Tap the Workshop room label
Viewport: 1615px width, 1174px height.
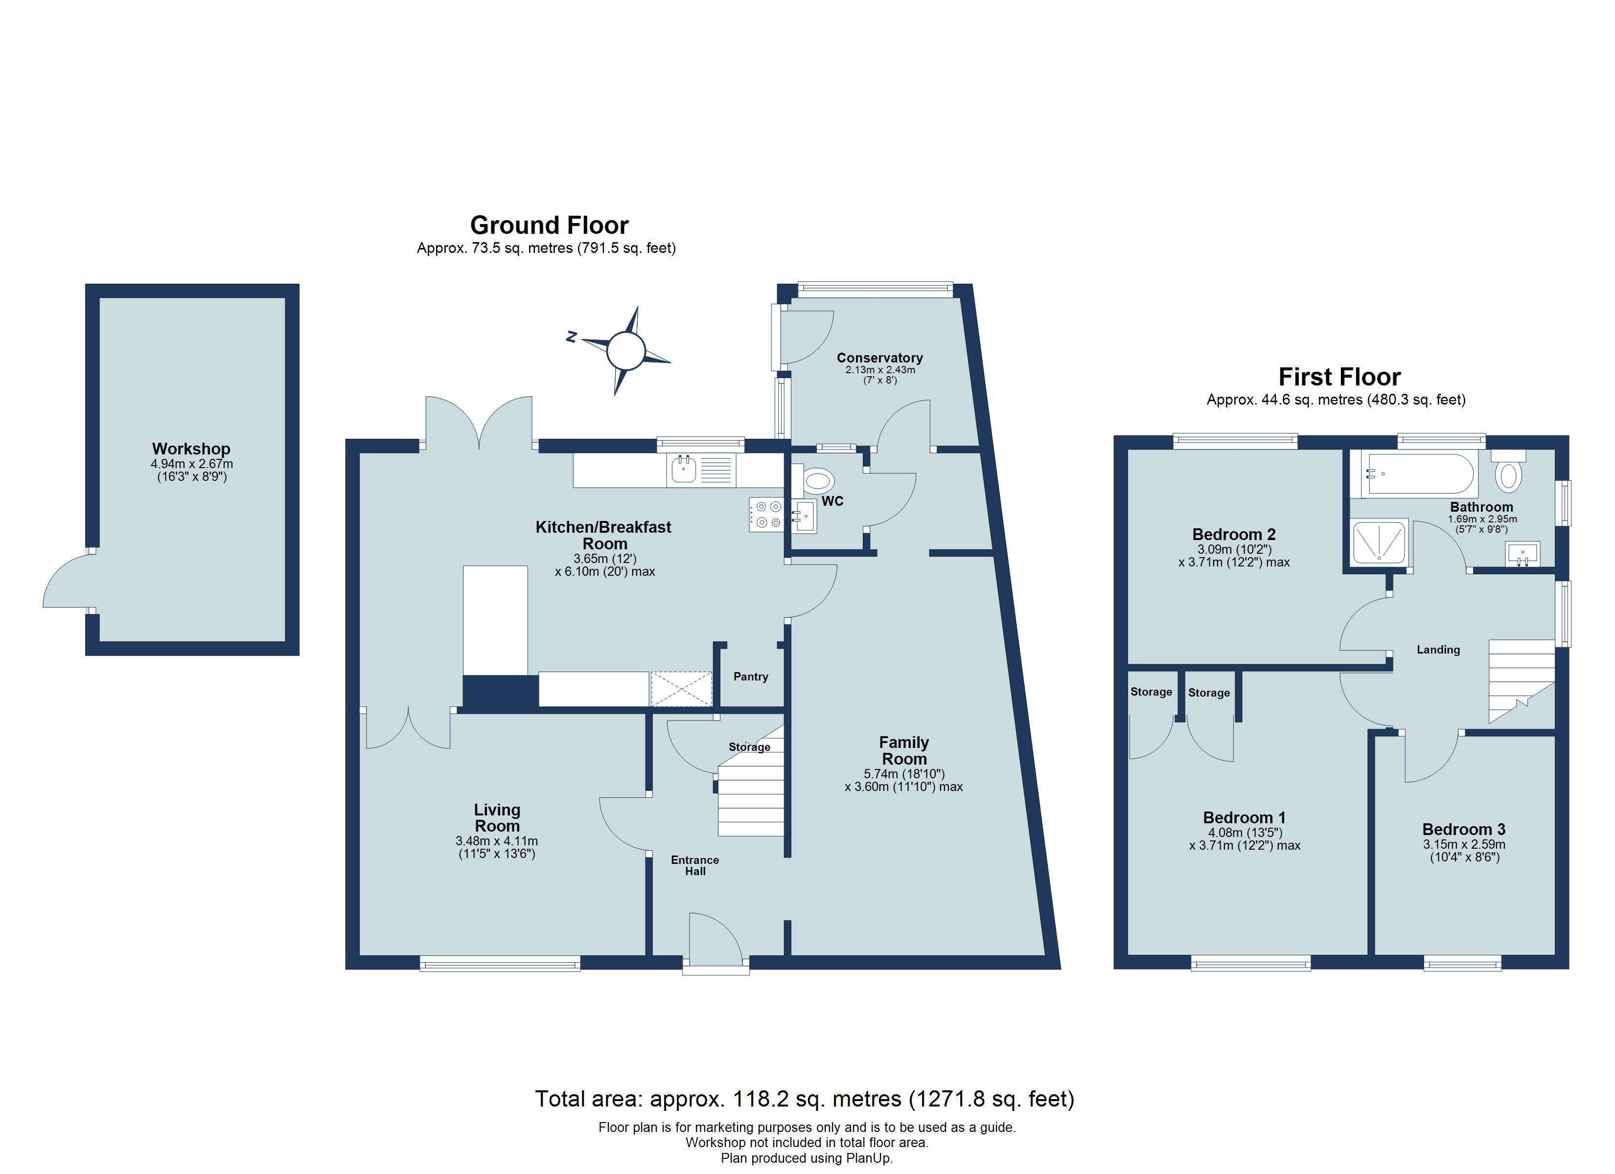click(191, 449)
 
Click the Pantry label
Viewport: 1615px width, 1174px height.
click(751, 677)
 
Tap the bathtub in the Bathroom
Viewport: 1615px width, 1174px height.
click(1418, 474)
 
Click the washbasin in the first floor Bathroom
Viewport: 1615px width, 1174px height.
click(1523, 554)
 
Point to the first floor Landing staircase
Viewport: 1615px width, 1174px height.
click(1520, 678)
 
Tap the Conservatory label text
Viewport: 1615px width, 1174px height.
click(879, 358)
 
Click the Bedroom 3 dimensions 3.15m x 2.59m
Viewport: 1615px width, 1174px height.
click(1464, 844)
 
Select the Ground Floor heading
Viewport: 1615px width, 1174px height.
click(549, 226)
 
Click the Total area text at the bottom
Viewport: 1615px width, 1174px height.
click(804, 1099)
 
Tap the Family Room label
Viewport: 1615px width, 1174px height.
click(903, 750)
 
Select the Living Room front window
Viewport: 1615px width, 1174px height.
click(500, 966)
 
